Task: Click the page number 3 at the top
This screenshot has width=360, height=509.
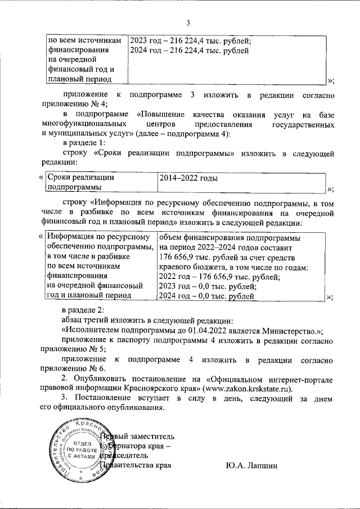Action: [x=188, y=23]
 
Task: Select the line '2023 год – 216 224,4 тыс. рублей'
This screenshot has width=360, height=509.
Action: [x=190, y=41]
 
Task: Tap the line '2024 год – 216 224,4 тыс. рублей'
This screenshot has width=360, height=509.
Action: [x=188, y=51]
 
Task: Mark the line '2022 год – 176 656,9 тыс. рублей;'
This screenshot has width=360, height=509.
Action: [x=219, y=276]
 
